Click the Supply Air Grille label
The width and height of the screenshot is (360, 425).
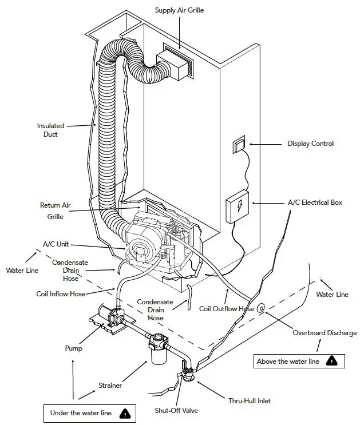tap(180, 10)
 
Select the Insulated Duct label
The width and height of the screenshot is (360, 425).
tap(50, 129)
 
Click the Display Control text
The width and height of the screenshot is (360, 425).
tap(310, 144)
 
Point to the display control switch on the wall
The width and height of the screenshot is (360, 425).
tap(238, 146)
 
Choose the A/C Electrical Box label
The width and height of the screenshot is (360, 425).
tap(315, 202)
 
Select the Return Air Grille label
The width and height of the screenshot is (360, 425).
tap(54, 210)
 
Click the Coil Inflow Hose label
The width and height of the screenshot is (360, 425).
tap(61, 293)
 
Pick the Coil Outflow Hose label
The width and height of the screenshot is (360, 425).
tap(227, 309)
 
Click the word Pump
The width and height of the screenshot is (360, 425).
tap(73, 348)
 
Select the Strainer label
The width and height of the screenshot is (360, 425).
tap(109, 386)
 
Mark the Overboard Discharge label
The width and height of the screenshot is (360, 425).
tap(325, 333)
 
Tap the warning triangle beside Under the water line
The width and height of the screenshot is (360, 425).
tap(124, 412)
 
